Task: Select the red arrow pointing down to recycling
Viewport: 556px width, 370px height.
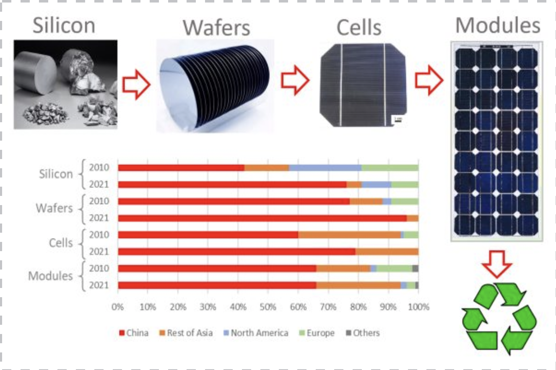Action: coord(497,264)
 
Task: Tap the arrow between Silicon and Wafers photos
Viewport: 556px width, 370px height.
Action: coord(136,85)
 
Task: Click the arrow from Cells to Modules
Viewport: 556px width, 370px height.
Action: coord(429,80)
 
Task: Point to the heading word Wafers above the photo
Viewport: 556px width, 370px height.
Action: coord(216,28)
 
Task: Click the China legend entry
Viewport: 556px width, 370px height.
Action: coord(134,333)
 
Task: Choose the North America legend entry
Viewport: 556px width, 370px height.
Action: coord(256,333)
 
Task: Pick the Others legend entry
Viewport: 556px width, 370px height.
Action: coord(363,333)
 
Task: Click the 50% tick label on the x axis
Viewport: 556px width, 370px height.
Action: coord(268,307)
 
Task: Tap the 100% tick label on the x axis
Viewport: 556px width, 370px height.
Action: coord(419,307)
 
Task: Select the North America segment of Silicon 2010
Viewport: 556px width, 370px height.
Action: coord(325,168)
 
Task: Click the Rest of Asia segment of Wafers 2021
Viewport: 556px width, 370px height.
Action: coord(413,218)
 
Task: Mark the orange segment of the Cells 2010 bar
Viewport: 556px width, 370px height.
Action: coord(349,235)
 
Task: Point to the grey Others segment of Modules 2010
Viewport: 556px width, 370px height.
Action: coord(416,268)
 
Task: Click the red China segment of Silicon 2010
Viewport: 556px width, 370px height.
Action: coord(181,168)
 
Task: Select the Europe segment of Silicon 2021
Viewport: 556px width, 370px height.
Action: coord(405,185)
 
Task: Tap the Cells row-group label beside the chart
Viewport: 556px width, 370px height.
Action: coord(61,243)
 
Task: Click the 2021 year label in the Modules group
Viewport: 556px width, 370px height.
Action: coord(99,285)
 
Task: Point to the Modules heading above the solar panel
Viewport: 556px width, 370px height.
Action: coord(498,26)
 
